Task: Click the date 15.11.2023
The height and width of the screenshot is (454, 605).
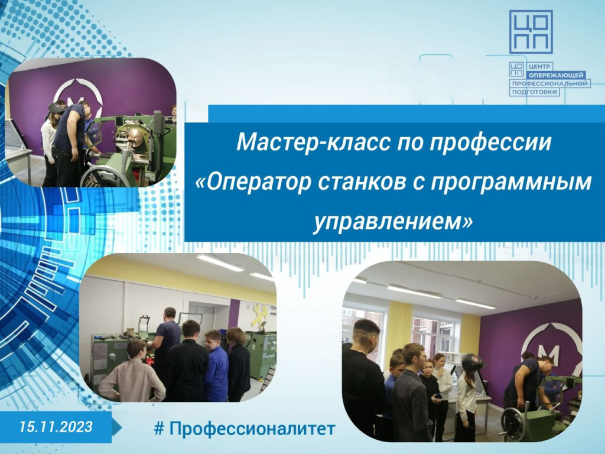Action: tap(56, 427)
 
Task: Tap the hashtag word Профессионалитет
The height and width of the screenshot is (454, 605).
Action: tap(252, 429)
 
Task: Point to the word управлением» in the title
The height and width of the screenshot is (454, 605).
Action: tap(393, 222)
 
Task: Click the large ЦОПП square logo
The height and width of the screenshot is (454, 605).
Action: tap(531, 32)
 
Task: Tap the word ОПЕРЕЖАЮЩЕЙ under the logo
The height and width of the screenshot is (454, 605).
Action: tap(557, 75)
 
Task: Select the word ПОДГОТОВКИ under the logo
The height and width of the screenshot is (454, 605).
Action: tap(534, 92)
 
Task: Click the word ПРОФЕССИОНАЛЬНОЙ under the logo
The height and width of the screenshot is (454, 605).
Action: tap(550, 83)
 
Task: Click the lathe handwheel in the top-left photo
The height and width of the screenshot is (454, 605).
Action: tap(105, 177)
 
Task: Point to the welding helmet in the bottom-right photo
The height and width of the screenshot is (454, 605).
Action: tap(473, 362)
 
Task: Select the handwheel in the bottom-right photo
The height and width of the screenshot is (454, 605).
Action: tap(514, 423)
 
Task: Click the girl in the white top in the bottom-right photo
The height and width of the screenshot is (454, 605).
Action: tap(467, 398)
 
